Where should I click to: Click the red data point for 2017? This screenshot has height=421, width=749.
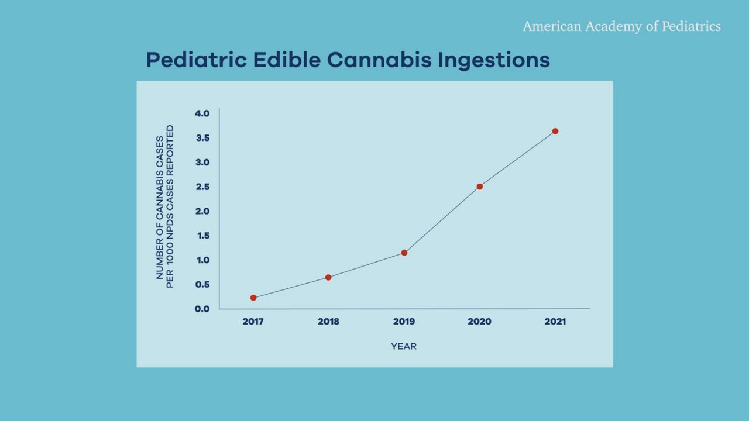253,298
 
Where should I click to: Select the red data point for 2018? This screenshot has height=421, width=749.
328,277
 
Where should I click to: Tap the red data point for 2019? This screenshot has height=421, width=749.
404,253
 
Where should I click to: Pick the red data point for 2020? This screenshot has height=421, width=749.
480,187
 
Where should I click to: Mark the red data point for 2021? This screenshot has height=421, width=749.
555,131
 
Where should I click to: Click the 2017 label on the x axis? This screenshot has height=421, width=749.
253,322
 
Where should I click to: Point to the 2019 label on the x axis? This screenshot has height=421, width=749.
404,322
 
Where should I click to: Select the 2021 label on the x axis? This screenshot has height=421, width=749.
555,322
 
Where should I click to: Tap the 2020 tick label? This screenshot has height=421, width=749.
479,322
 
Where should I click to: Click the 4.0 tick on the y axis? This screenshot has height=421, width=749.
202,113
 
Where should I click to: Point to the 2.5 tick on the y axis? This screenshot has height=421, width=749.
202,187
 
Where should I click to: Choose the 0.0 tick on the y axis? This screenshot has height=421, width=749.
202,309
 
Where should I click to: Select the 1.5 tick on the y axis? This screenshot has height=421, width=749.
202,236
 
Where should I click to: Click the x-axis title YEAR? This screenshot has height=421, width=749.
404,346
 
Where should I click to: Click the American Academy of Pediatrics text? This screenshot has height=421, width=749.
621,26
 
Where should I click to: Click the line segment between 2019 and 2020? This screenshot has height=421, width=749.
442,220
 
